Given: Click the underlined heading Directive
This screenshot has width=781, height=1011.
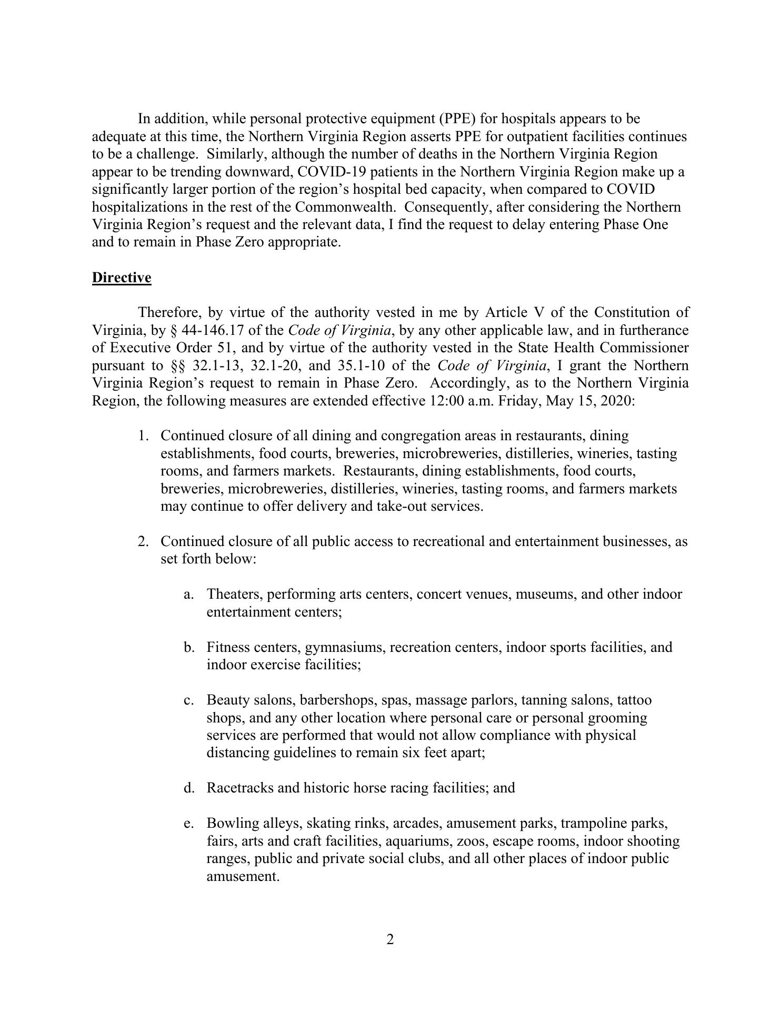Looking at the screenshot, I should pos(122,277).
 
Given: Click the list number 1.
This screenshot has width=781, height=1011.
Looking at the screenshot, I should pos(142,436).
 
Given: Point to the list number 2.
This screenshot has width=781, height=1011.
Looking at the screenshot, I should pos(142,541).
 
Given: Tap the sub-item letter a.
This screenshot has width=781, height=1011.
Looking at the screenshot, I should pos(188,594).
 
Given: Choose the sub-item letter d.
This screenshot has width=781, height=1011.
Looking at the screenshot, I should pos(188,788).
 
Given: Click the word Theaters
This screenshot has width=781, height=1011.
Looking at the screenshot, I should pos(234,594).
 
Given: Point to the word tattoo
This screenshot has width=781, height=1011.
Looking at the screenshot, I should pos(634,700).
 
